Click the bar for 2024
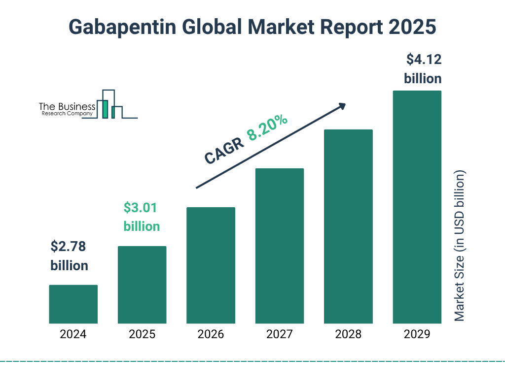click(73, 304)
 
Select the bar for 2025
click(142, 284)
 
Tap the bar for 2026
click(211, 265)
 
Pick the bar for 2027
click(279, 246)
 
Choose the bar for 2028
click(348, 226)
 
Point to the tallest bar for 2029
click(417, 207)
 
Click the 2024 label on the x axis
click(73, 335)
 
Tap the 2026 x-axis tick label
click(211, 335)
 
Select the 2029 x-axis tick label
click(417, 335)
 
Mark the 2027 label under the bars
click(279, 335)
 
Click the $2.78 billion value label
click(69, 256)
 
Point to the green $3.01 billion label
click(142, 217)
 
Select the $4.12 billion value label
click(423, 69)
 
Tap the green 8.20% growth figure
click(267, 127)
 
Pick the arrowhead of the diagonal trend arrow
click(341, 106)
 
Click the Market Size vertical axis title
click(460, 246)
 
